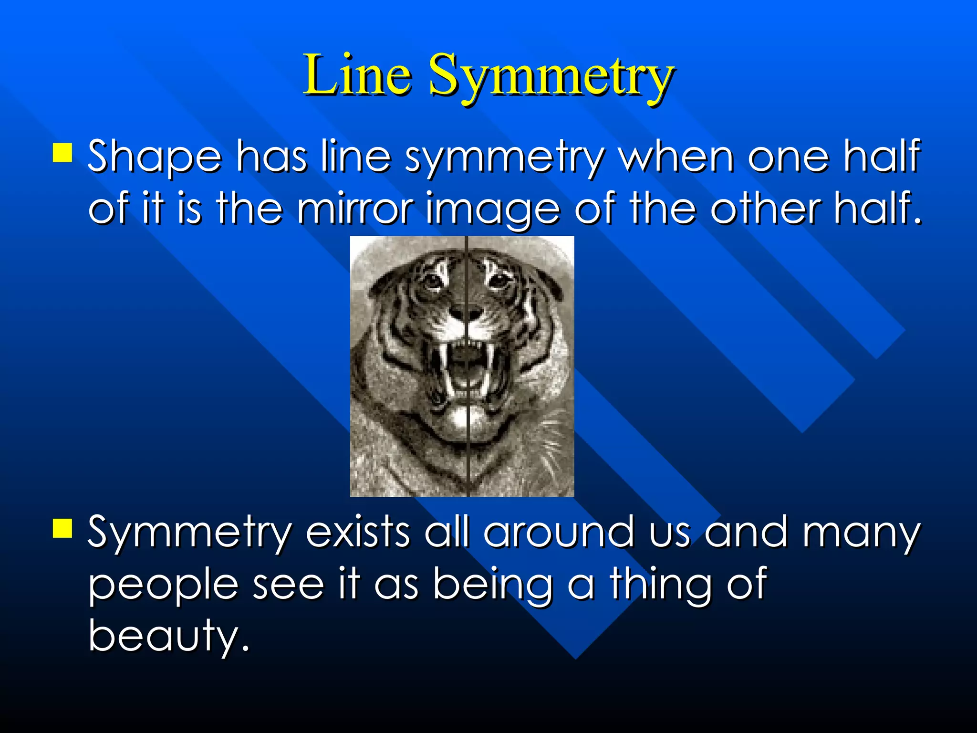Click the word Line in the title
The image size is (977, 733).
tap(357, 75)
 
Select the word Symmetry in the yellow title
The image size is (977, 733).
tap(551, 76)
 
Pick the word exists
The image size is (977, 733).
tap(358, 532)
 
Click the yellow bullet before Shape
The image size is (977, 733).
tap(62, 153)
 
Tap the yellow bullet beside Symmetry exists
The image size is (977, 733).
tap(62, 528)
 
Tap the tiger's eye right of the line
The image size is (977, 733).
tap(499, 279)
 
